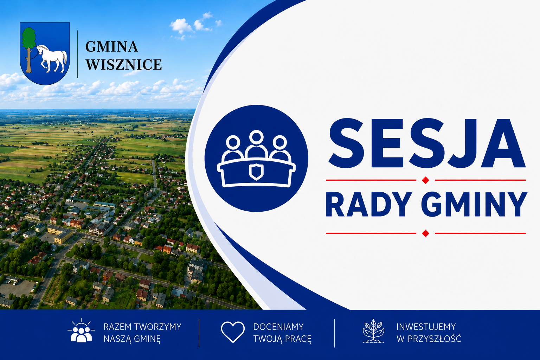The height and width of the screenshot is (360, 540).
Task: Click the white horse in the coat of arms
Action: coord(52,58)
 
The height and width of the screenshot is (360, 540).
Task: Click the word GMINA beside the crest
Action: coord(111,46)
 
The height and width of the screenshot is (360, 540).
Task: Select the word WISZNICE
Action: coord(124,64)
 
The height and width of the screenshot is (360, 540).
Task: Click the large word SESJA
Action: coord(427,143)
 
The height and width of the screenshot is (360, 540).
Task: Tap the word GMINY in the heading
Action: coord(474,205)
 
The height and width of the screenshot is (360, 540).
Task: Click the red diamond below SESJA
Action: coord(425,180)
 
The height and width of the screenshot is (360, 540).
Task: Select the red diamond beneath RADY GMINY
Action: coord(425,233)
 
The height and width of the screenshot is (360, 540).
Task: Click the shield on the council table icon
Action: coord(256,172)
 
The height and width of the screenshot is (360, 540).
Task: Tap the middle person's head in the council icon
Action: coord(256,137)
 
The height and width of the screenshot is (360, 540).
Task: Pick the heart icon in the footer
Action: coord(233,332)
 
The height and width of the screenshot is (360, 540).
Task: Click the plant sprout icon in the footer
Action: coord(373,331)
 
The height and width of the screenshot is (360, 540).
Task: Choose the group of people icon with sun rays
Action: coord(81,330)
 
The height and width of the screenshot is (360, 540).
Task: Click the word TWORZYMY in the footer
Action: coord(158,327)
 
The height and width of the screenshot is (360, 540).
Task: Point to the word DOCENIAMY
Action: coord(278,327)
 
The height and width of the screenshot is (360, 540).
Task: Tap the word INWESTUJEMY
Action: coord(426,327)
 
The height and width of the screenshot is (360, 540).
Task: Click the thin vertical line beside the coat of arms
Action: coord(77,54)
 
